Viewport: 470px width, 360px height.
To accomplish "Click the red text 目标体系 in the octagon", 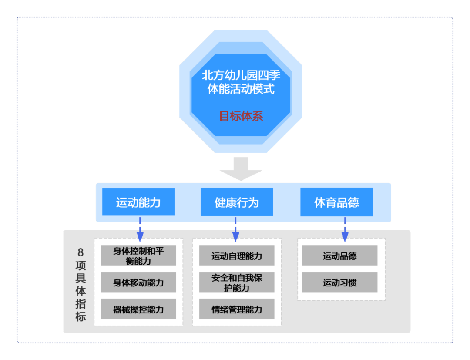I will (241, 116).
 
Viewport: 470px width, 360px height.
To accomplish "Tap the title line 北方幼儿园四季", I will (241, 75).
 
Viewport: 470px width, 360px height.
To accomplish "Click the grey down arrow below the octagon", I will (241, 169).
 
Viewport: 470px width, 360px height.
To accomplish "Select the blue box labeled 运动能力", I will (138, 202).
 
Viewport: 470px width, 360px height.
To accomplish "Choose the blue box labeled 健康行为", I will (237, 202).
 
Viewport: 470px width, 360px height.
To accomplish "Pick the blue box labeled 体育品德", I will (336, 202).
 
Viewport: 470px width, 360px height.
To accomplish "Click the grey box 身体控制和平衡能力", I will (138, 256).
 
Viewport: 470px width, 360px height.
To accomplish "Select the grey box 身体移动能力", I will (138, 283).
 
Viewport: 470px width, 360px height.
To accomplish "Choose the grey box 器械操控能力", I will (138, 309).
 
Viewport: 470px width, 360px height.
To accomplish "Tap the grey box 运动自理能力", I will (237, 256).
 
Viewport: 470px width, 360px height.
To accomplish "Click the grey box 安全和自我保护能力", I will (237, 283).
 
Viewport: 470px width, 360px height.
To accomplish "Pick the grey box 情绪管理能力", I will (237, 309).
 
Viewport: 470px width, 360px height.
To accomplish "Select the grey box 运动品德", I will (339, 256).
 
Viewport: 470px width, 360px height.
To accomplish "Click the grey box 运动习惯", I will (339, 283).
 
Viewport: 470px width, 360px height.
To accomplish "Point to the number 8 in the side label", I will (81, 252).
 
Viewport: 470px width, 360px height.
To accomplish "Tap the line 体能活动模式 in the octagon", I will (241, 90).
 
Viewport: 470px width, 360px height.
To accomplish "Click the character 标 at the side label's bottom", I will (81, 316).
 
